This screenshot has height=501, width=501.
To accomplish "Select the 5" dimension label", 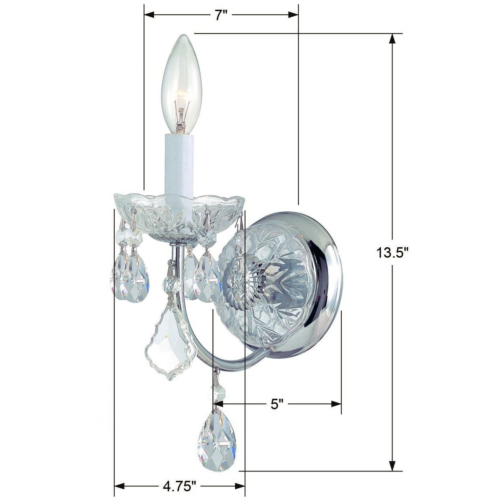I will [x=277, y=404].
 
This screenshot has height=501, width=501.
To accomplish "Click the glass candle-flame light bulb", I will [x=179, y=83].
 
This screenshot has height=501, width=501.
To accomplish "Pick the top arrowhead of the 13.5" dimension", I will [x=392, y=38].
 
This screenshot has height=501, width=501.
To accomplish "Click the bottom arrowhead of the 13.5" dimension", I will [x=392, y=466].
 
